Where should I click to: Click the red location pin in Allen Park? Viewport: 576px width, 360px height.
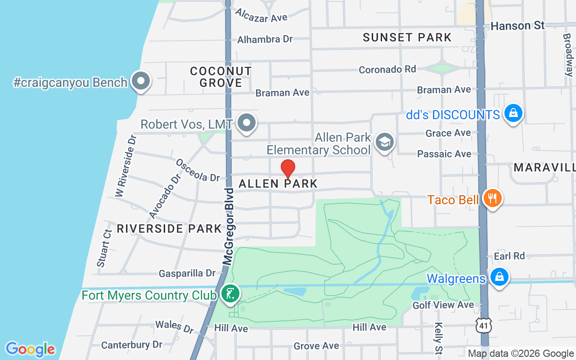tap(288, 169)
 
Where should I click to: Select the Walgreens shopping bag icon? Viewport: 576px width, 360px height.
tap(499, 277)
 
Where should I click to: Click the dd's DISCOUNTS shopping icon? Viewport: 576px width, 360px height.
tap(513, 113)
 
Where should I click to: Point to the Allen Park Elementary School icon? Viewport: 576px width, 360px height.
tap(384, 142)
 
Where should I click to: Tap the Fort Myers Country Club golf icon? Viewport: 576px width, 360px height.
tap(230, 294)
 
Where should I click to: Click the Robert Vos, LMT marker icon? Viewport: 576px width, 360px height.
tap(246, 123)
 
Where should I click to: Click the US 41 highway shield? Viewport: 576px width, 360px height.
tap(485, 325)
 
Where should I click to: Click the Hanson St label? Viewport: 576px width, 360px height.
tap(517, 26)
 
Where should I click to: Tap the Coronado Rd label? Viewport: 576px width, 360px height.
tap(387, 69)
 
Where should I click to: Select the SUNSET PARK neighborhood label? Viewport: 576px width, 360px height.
tap(407, 37)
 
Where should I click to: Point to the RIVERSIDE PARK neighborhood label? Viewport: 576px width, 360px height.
tap(169, 229)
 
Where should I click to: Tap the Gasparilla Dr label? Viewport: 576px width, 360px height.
tap(187, 273)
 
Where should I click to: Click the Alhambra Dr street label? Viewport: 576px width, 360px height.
tap(265, 40)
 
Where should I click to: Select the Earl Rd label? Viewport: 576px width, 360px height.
tap(509, 256)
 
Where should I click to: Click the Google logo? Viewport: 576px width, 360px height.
tap(30, 349)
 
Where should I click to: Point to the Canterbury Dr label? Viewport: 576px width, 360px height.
tap(131, 345)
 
